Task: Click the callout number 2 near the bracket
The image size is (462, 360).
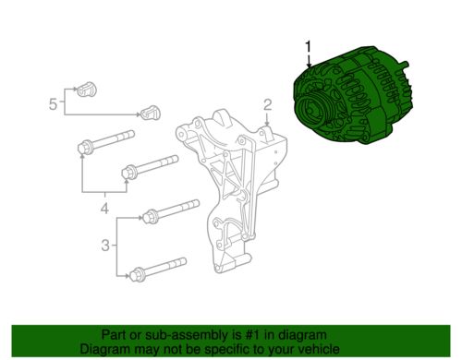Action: click(x=267, y=105)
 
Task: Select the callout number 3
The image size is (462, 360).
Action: click(x=105, y=246)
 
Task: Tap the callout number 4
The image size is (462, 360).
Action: click(x=104, y=208)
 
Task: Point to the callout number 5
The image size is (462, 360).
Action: click(x=53, y=104)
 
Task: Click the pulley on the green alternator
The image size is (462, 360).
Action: click(x=310, y=111)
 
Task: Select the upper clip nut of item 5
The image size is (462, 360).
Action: click(x=86, y=90)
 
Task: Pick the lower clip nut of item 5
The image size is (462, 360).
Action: click(x=151, y=113)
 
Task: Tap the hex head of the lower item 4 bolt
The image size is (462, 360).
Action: click(x=128, y=172)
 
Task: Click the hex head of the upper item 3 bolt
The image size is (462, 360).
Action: click(x=150, y=215)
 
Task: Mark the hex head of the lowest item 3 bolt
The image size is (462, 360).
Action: click(x=137, y=274)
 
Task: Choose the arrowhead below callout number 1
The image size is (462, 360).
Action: click(x=310, y=65)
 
